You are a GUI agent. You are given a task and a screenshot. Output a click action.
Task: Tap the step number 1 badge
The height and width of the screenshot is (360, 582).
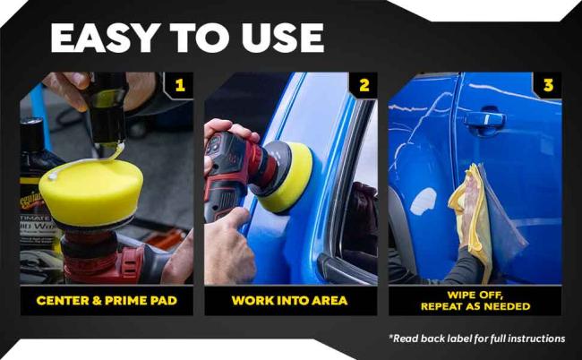point(179,86)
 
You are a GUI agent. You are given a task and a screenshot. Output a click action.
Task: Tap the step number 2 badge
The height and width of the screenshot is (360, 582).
point(364,86)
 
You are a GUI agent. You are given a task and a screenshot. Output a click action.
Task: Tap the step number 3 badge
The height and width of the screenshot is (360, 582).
point(548,86)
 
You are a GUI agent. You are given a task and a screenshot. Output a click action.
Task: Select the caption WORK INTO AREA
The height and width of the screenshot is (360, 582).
point(290,300)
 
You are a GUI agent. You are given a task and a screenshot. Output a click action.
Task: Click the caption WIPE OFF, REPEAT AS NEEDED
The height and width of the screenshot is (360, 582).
point(475,300)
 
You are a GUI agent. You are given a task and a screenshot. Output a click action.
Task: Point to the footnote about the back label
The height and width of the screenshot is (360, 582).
point(477,339)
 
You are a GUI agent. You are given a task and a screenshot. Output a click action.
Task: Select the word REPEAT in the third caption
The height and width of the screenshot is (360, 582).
point(446,306)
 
